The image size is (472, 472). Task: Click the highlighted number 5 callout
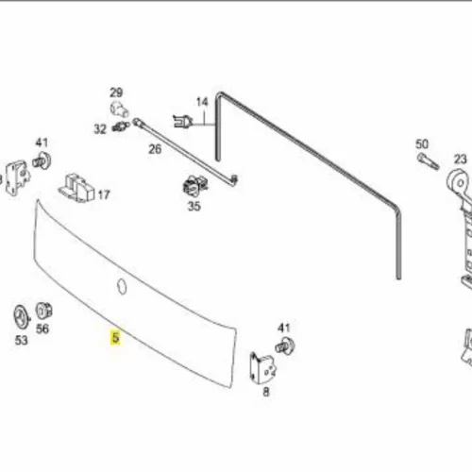click(116, 338)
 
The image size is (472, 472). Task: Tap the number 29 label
click(116, 93)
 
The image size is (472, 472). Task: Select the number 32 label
click(100, 129)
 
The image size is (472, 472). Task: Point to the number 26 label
click(155, 149)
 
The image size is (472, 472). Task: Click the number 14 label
click(202, 102)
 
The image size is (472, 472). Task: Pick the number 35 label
click(194, 207)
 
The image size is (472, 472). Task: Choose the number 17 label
click(104, 195)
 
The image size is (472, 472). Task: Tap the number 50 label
click(422, 144)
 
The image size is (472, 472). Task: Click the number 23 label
click(460, 160)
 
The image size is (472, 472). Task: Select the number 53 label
click(22, 340)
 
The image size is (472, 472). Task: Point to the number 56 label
click(42, 329)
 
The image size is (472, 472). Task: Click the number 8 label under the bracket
click(266, 392)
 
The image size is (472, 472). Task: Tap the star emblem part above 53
click(22, 317)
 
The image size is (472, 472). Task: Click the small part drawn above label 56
click(43, 311)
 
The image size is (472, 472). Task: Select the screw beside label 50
click(429, 161)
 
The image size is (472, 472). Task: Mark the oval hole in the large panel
click(122, 286)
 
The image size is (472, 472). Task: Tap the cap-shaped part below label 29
click(119, 109)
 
